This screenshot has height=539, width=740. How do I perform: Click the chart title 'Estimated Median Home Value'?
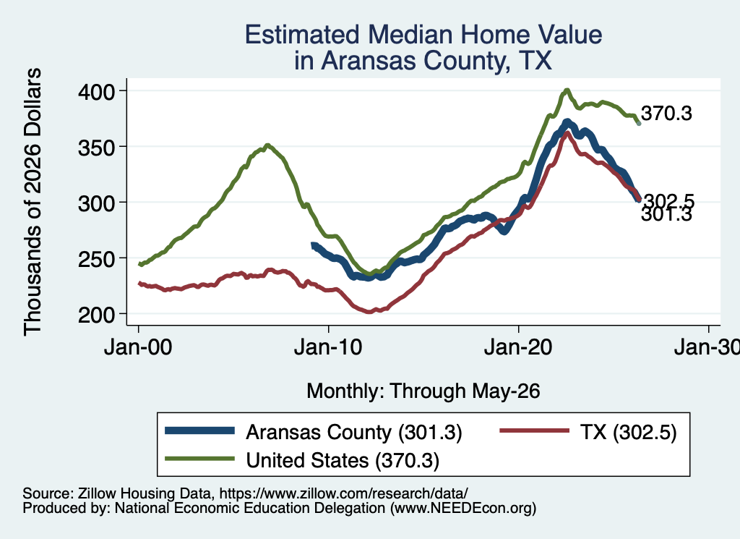point(423,35)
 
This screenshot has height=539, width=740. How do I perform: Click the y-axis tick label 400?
point(96,91)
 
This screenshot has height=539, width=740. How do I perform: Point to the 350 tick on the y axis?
point(96,148)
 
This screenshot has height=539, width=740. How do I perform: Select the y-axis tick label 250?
point(96,259)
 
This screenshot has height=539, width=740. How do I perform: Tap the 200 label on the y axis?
point(96,315)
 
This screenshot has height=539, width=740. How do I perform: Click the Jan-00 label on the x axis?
point(138,348)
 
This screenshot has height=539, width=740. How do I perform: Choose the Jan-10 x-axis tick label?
point(328,348)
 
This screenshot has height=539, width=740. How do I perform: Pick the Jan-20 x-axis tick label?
point(518,348)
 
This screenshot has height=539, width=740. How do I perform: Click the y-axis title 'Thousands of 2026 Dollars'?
point(33,202)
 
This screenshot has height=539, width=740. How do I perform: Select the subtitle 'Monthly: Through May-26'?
point(423,391)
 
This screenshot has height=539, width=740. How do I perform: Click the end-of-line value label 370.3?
point(666,114)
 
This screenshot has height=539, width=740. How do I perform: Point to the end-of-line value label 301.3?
point(666,215)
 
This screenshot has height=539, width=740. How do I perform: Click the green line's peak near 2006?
point(267,145)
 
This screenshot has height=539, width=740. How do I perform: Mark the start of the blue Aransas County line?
point(313,245)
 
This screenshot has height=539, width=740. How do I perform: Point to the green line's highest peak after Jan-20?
point(567,90)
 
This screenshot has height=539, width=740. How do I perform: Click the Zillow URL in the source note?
point(343,493)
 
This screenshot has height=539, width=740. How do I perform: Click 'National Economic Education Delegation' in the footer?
point(250,509)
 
